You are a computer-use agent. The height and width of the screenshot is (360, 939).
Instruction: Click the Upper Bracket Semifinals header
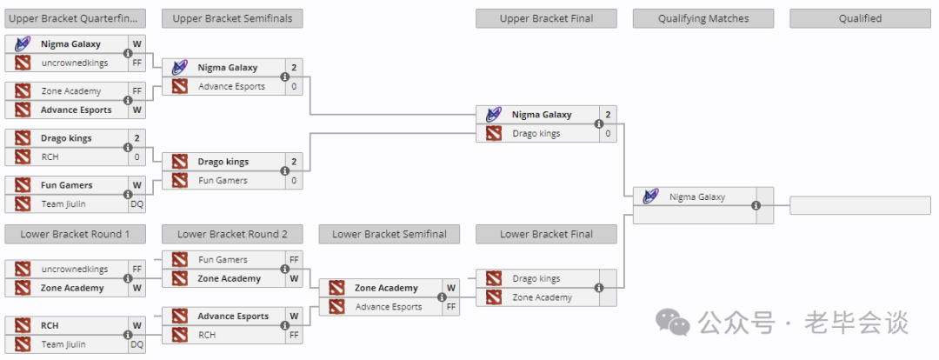(232, 18)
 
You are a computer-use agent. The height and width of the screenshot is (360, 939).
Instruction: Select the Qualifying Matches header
(703, 18)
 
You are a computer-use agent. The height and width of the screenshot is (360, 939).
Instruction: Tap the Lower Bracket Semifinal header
(390, 234)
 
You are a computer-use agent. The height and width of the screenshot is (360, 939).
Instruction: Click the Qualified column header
(860, 18)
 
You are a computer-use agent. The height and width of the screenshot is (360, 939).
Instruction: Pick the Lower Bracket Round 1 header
(75, 234)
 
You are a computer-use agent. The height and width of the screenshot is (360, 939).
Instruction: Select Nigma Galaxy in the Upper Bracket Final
(542, 115)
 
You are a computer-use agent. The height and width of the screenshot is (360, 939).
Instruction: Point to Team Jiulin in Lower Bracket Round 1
(63, 344)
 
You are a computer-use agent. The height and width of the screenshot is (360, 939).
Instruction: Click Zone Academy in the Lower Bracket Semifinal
(386, 288)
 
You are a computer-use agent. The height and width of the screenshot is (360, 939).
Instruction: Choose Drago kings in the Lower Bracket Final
(536, 278)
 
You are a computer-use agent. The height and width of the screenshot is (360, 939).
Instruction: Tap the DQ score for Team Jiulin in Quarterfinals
(137, 204)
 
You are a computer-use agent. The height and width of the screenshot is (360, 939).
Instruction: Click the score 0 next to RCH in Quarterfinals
(137, 157)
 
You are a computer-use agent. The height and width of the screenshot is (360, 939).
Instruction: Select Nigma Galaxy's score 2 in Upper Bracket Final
(608, 115)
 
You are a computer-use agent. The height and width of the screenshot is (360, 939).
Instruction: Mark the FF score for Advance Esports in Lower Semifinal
(451, 307)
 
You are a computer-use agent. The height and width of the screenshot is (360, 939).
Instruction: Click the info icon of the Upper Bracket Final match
(599, 124)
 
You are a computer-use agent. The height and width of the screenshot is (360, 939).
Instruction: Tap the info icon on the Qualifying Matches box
(756, 205)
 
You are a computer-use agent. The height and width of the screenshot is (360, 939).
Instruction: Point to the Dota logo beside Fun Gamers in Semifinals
(180, 180)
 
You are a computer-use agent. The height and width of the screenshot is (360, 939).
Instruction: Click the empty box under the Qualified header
(860, 205)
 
